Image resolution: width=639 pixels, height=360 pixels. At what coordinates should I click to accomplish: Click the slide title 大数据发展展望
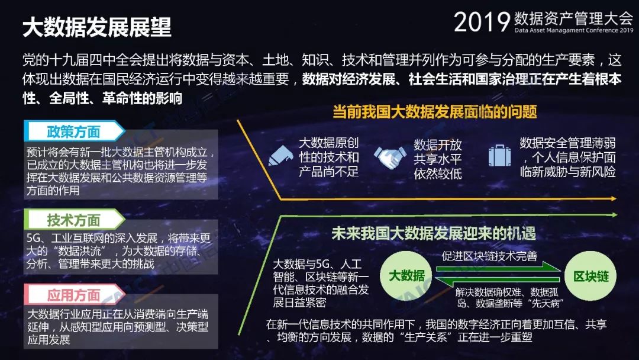(97, 27)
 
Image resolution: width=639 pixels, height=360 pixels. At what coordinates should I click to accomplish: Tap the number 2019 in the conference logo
(482, 22)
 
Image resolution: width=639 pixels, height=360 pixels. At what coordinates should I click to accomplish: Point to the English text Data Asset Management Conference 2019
(574, 30)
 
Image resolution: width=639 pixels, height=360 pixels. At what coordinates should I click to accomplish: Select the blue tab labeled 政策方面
(74, 131)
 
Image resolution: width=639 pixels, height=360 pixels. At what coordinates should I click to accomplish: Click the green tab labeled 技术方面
(74, 220)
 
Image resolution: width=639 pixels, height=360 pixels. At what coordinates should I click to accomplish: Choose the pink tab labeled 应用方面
(74, 294)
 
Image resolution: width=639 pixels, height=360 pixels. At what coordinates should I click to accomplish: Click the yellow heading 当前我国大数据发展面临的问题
(434, 111)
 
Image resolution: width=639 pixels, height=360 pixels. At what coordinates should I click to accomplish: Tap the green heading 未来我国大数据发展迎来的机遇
(434, 233)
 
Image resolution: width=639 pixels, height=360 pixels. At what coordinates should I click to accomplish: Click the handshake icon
(390, 157)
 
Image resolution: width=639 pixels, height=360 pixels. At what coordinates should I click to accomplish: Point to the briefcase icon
(499, 155)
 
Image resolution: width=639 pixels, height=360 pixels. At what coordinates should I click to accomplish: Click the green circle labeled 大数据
(406, 276)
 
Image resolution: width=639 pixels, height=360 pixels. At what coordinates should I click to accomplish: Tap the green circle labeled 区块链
(591, 276)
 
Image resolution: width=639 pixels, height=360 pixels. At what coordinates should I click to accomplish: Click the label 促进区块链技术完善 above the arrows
(489, 256)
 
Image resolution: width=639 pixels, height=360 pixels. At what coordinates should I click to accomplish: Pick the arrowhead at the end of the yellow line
(614, 198)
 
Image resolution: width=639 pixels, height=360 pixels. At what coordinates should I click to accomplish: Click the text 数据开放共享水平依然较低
(438, 159)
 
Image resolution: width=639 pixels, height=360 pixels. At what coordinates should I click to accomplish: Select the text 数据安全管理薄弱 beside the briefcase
(567, 143)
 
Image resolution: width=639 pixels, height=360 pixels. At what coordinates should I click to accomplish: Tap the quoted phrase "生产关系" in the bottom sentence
(426, 337)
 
